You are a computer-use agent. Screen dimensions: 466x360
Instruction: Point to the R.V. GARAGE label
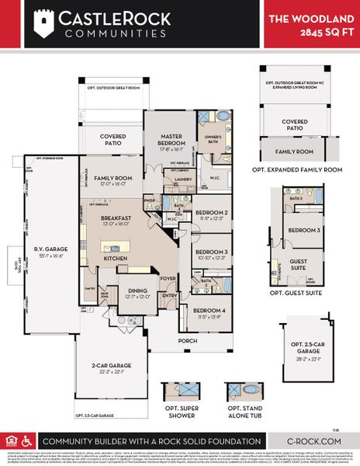[x=44, y=250]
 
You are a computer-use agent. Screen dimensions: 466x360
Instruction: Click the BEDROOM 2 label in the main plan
[x=210, y=213]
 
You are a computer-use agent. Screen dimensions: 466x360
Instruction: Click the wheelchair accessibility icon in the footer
[x=26, y=440]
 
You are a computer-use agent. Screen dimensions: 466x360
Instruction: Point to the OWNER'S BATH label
[x=213, y=141]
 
